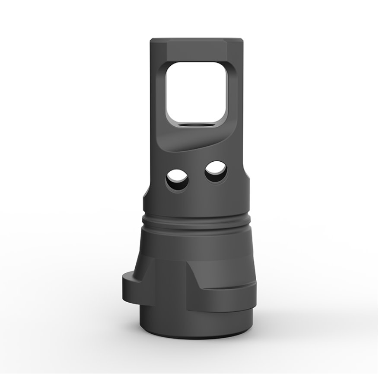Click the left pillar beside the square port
tap(158, 95)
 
